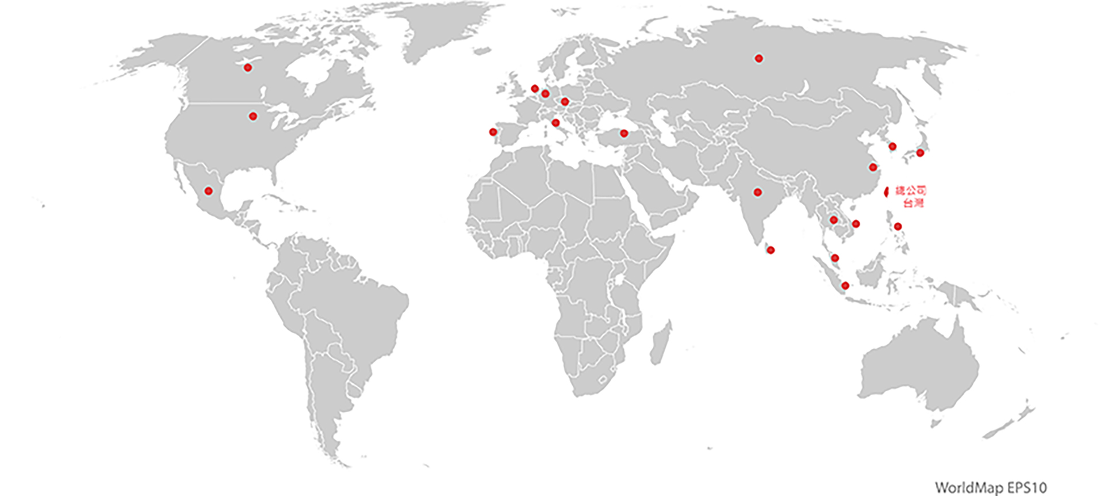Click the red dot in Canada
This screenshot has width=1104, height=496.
248,68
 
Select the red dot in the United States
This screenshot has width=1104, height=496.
252,116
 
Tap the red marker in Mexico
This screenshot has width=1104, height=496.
209,191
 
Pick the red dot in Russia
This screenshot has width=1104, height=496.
759,58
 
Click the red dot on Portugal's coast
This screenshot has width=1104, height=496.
493,132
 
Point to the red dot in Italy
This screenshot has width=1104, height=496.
555,123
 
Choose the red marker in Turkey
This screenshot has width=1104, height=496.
624,133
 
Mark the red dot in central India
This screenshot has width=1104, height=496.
758,192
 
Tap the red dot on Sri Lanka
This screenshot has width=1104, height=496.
771,250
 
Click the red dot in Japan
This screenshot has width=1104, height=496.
920,152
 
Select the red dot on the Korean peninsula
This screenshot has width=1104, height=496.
892,146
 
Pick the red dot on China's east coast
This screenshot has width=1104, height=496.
873,167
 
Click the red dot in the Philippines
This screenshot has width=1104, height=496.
898,226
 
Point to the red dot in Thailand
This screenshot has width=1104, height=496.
833,220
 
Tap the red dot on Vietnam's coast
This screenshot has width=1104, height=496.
856,224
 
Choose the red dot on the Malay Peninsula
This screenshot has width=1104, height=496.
835,258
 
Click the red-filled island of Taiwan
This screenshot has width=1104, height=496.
886,192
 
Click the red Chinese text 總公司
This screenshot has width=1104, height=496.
910,191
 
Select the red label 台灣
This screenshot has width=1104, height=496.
914,203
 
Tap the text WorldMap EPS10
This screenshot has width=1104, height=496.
990,488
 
